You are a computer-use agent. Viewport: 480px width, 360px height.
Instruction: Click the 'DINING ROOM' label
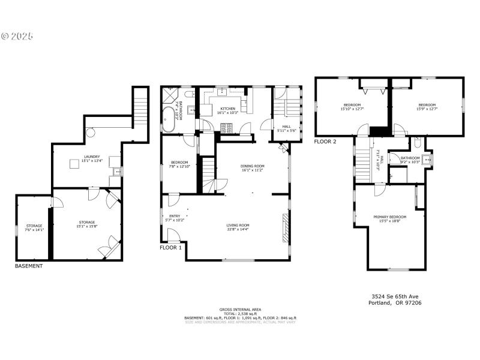coord(253,166)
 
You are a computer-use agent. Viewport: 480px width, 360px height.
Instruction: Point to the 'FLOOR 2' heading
coord(325,142)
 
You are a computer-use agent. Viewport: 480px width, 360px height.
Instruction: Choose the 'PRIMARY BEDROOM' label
coord(389,217)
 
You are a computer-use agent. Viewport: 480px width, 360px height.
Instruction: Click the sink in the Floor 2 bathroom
coord(427,160)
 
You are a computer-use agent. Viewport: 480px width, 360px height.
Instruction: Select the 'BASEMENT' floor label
coord(29,266)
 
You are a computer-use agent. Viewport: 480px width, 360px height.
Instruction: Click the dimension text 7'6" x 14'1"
coord(34,230)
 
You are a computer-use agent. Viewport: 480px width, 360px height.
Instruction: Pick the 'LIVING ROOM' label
coord(238,225)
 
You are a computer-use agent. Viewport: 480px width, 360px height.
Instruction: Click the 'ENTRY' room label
coord(174,216)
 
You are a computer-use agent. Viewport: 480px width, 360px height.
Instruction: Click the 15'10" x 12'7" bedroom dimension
coord(352,109)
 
